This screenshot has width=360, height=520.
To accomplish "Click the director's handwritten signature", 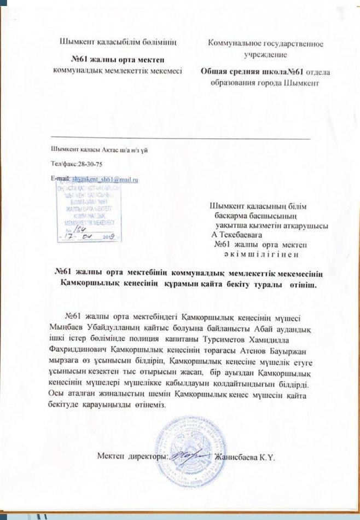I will (x=189, y=454).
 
